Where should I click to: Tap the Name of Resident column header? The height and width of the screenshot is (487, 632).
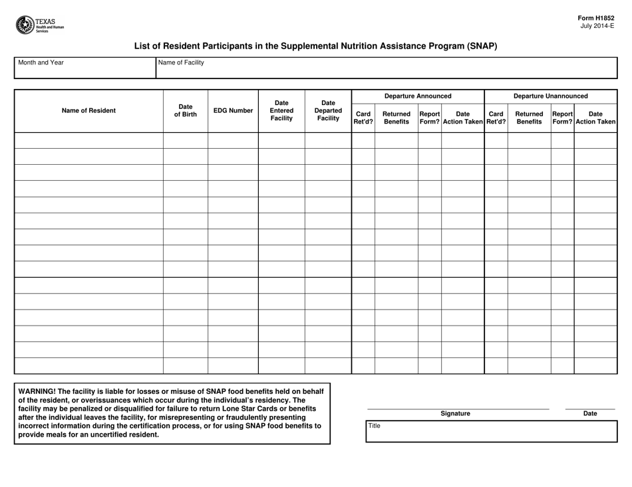[x=88, y=111]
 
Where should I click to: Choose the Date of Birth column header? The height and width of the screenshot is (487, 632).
[x=186, y=111]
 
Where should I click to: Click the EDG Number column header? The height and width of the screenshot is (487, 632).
[x=233, y=111]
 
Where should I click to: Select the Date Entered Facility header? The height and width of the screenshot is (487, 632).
[x=281, y=111]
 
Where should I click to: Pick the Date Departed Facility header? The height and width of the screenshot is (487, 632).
[x=328, y=111]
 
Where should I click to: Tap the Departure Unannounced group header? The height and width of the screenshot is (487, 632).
[x=551, y=96]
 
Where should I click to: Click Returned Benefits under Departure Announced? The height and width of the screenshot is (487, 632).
[x=396, y=118]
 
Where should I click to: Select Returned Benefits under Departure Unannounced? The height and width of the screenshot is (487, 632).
[x=529, y=118]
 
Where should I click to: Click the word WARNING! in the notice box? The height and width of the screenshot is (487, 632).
[x=37, y=391]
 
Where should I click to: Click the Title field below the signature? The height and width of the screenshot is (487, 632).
[x=492, y=431]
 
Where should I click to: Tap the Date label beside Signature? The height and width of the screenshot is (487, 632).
[x=590, y=414]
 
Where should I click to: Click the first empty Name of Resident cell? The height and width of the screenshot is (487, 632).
[x=88, y=140]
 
